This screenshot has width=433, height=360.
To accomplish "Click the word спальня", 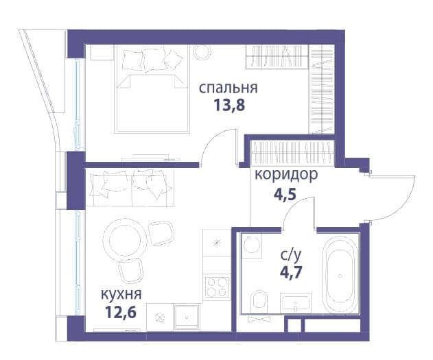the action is pos(228,88).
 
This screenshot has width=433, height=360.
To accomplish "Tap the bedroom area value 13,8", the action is pos(229,105).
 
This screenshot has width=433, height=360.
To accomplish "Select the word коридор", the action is pos(286,175).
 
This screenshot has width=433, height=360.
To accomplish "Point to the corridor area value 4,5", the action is pos(285,194).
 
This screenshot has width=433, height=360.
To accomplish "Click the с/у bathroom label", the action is pos(291,256).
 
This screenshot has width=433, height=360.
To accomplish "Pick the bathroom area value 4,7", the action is pos(291,273).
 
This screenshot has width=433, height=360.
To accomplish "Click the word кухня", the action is pos(121,295).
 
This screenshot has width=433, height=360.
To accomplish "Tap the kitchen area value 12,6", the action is pos(121,312).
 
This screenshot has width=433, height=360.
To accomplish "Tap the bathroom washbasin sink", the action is pos(296,303).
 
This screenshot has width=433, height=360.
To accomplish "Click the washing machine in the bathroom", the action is pos(252,245).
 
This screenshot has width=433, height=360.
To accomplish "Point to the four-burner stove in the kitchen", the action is pos(217,287).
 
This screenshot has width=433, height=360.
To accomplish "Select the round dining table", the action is pos(124,240).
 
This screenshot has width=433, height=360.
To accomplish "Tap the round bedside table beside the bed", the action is pos(202,52).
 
